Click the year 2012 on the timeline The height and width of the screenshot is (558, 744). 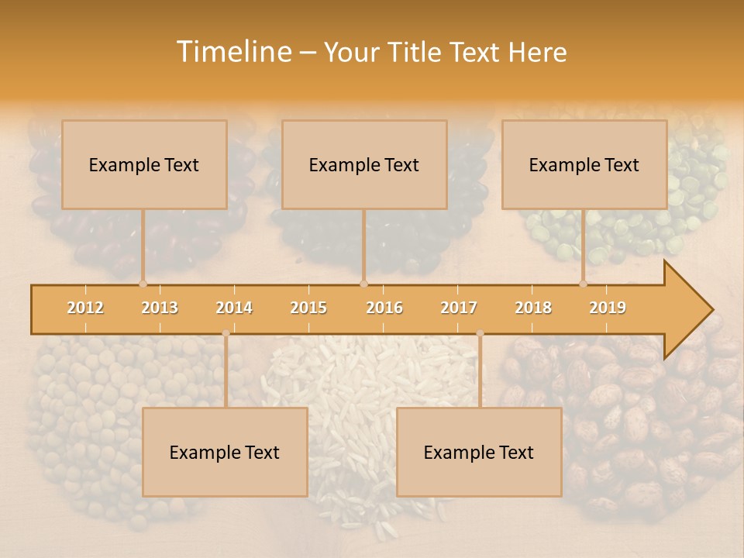pos(85,308)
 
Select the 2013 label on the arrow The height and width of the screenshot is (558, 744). pos(160,308)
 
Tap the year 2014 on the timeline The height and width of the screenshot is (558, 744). pos(234,308)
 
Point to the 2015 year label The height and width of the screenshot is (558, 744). pos(308,308)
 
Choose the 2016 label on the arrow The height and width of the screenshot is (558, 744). pos(384,308)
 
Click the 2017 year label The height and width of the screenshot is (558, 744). pos(459,308)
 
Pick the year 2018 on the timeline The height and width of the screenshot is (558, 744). pos(533,308)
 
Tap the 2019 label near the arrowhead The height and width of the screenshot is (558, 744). pos(608,308)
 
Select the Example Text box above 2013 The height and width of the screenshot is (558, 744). pos(144,164)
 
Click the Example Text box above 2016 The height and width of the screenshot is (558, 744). pos(364,164)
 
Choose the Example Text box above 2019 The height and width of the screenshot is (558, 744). pos(584,164)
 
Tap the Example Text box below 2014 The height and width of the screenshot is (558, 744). pos(225,452)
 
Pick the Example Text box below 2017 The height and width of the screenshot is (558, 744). pos(479,452)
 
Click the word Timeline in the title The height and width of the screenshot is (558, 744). pos(232,52)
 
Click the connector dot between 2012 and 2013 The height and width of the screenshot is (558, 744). pos(143,284)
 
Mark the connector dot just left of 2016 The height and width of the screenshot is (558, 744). pos(363,284)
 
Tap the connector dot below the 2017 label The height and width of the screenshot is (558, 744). pos(480,333)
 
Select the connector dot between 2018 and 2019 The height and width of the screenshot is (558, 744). pos(583,284)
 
